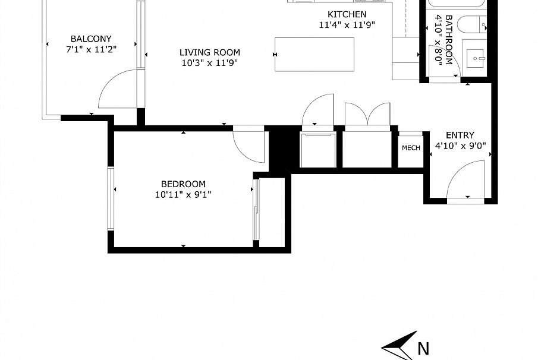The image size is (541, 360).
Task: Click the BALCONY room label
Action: [x=91, y=39]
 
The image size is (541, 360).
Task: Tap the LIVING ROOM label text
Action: [x=210, y=52]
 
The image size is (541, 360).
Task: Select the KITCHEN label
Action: [x=347, y=14]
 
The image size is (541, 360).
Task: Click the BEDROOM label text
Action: [x=183, y=184]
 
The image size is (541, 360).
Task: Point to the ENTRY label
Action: [x=460, y=135]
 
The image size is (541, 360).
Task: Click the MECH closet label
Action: [x=411, y=148]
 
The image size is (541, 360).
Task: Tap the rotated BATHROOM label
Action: [x=448, y=39]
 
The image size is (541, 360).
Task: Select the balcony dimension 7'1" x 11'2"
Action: [x=91, y=49]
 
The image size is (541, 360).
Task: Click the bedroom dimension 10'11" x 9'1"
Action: [x=183, y=195]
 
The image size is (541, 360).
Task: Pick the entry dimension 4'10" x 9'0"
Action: [x=460, y=146]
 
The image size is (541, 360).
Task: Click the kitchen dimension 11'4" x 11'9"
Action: [x=347, y=25]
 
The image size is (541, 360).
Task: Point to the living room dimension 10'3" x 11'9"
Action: [x=210, y=63]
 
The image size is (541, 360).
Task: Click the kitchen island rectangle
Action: [x=314, y=55]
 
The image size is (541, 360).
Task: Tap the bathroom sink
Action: [x=476, y=58]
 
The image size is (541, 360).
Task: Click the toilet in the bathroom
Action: [x=472, y=24]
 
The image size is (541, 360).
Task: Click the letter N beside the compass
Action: [x=423, y=349]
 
